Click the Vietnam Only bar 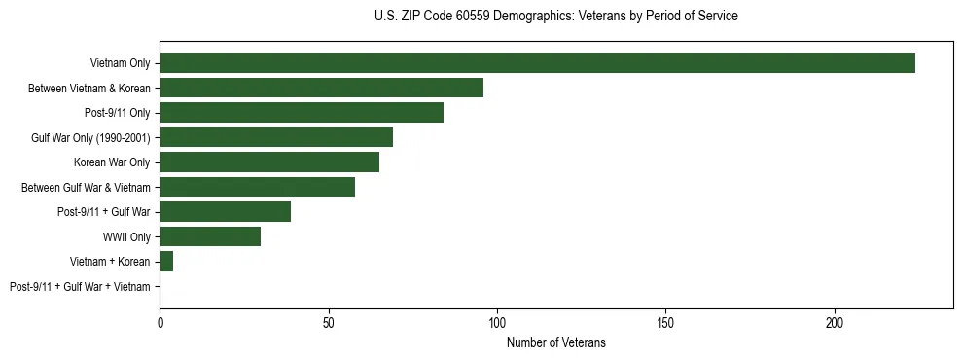point(537,63)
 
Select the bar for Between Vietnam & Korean point(321,88)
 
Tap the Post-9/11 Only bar point(302,113)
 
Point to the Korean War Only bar point(269,162)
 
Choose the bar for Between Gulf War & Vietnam point(257,187)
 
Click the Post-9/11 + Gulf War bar point(225,212)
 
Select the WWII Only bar point(210,236)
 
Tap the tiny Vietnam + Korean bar point(166,262)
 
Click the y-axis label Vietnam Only point(120,63)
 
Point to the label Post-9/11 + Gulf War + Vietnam point(80,287)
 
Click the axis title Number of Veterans point(556,342)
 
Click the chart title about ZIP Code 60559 point(555,17)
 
